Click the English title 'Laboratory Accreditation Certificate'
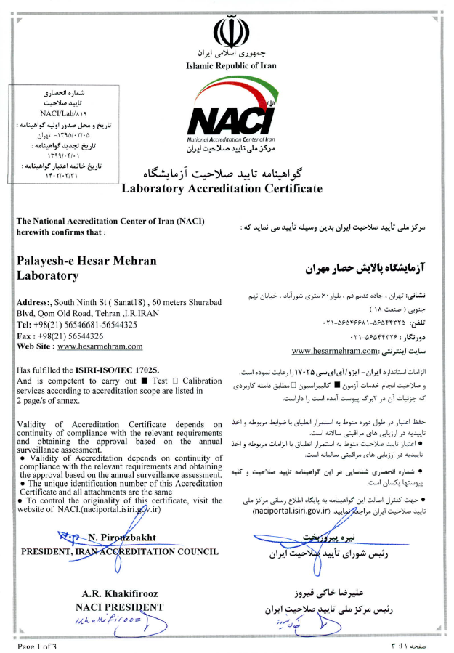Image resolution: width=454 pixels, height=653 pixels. [x=221, y=188]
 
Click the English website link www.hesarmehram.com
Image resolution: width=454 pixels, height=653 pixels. [x=100, y=347]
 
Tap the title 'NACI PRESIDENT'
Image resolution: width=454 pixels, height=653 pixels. [x=119, y=607]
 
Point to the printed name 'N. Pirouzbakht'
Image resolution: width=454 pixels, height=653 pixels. [x=122, y=538]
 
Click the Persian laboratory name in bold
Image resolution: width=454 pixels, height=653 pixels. [x=362, y=267]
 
